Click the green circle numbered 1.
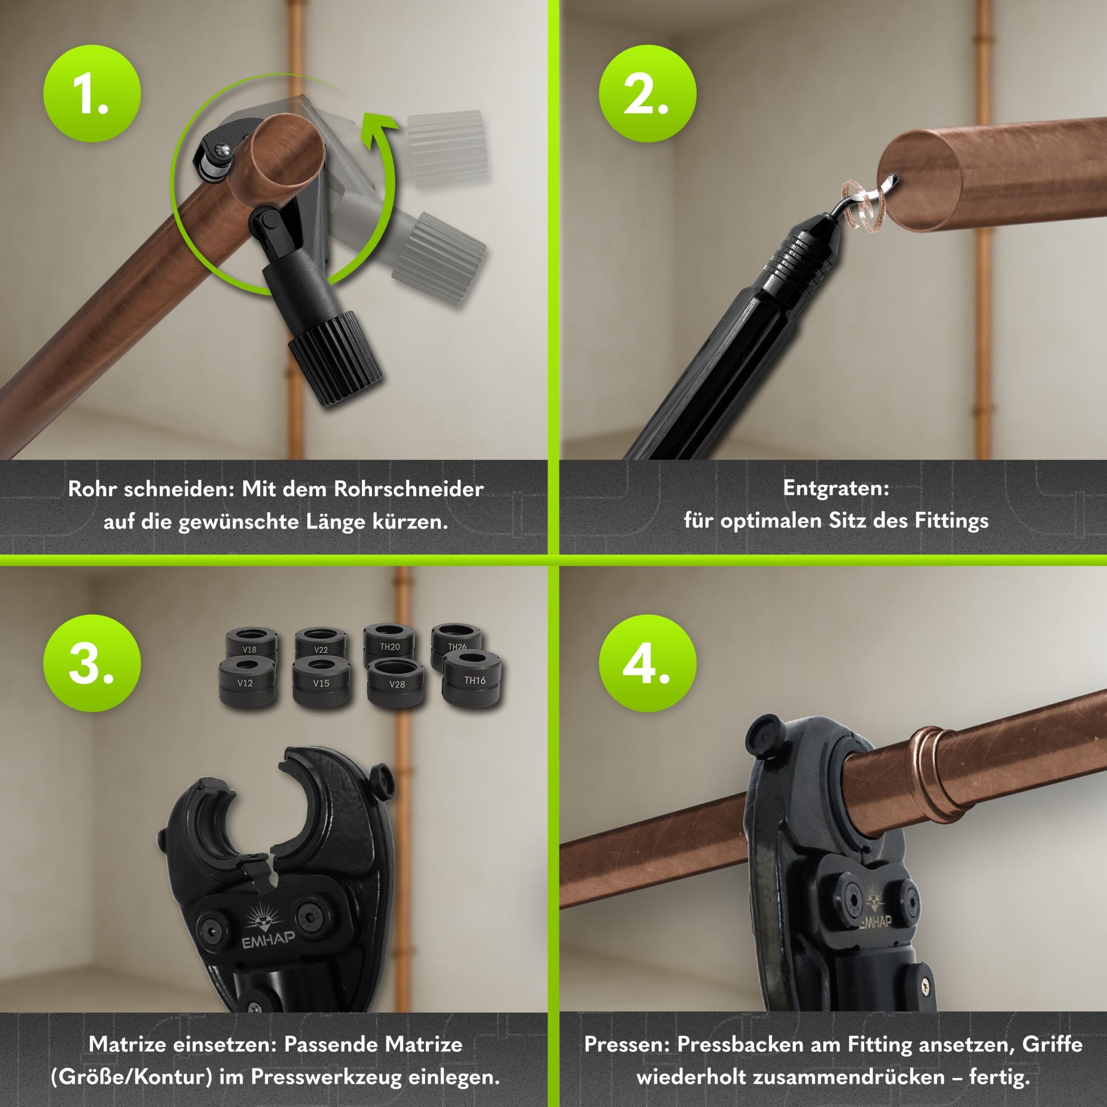click(92, 94)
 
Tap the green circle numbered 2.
click(647, 94)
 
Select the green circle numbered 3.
click(92, 663)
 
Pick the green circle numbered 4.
click(647, 663)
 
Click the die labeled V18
click(250, 644)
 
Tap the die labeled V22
click(320, 644)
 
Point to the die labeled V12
click(245, 682)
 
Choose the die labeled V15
click(321, 682)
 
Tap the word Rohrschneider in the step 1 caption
click(408, 489)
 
